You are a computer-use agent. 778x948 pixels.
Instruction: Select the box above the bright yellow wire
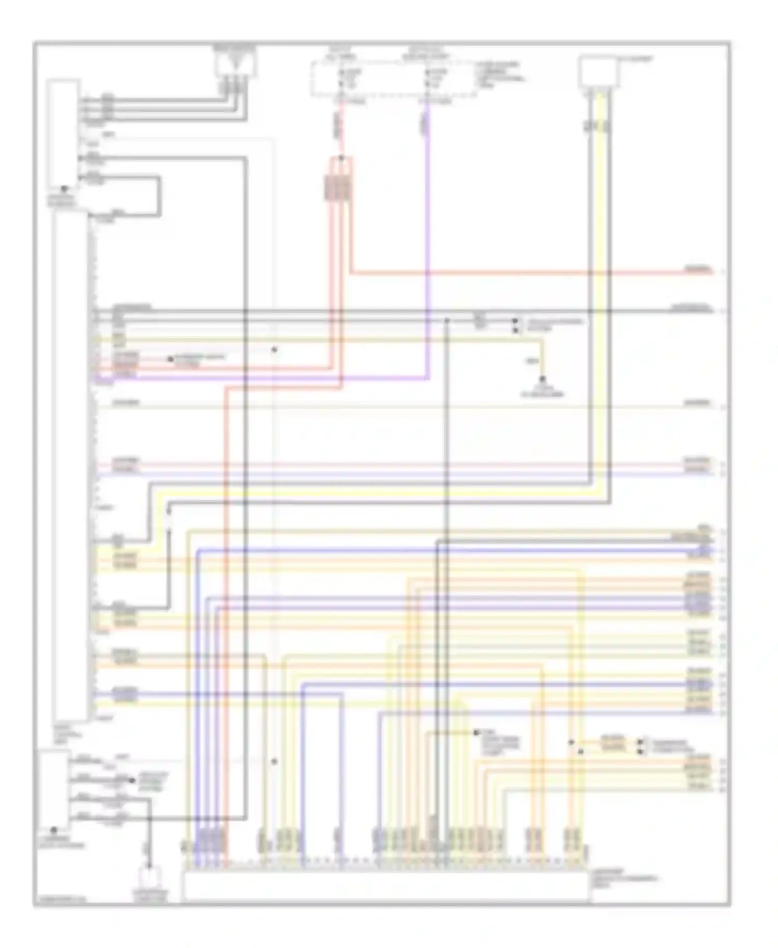point(599,72)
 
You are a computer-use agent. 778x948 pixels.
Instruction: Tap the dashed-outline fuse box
point(394,79)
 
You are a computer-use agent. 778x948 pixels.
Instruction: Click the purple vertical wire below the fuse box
point(427,233)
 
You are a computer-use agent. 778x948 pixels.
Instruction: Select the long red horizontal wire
point(519,272)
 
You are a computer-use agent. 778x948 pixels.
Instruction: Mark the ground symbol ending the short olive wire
point(542,380)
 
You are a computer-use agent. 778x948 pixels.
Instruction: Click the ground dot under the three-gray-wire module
point(64,189)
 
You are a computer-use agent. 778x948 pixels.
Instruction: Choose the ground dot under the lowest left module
point(53,830)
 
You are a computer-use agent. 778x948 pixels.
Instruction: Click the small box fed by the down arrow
point(150,880)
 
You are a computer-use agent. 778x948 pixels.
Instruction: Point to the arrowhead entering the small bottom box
point(149,865)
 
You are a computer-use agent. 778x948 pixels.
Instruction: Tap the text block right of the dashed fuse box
point(501,75)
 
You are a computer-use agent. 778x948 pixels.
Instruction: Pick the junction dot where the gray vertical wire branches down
point(447,321)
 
